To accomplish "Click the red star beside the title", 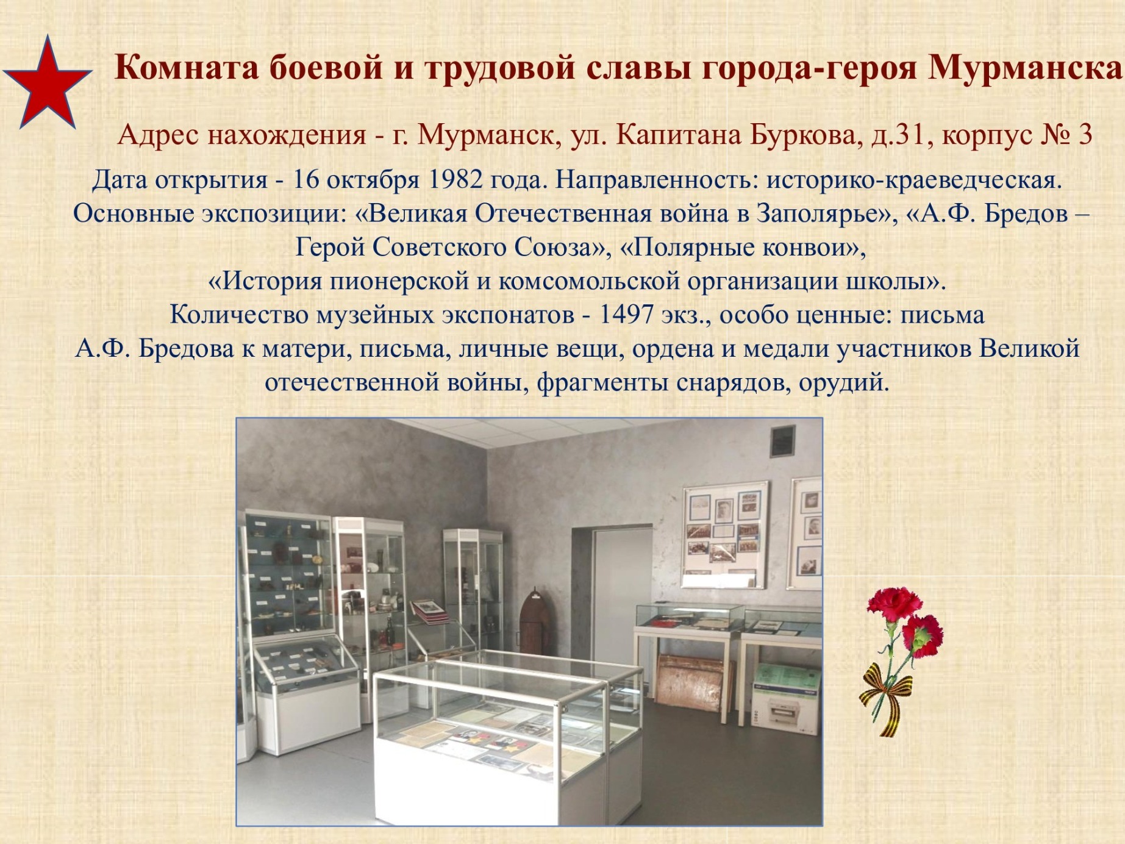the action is pos(47,85).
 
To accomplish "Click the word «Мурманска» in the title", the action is pos(1025,67).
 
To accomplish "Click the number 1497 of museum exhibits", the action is pos(626,315).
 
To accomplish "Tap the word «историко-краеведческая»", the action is pos(914,181).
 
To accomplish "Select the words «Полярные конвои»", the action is pos(738,248).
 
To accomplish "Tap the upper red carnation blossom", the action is pos(895,603).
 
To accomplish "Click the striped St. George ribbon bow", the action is pos(885,692).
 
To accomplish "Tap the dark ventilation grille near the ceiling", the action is pos(783,441).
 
